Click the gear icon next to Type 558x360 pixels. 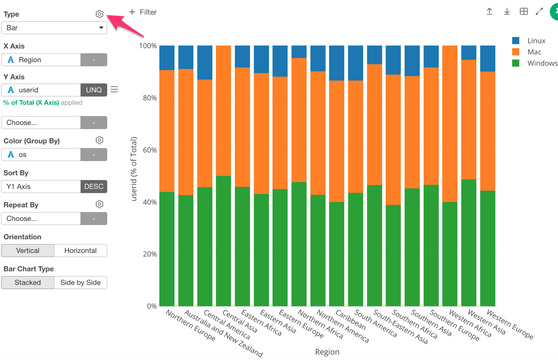99,14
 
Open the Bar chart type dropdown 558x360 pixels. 54,28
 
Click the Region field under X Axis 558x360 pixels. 41,60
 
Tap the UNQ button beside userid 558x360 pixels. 94,90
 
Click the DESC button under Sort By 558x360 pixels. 94,186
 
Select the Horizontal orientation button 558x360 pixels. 80,250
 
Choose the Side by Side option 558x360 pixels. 80,282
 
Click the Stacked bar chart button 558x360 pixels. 28,282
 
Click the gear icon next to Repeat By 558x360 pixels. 99,204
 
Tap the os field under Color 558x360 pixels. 41,154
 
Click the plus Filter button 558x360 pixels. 143,12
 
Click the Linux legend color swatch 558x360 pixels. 516,41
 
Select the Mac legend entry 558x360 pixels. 534,52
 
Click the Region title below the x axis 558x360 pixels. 327,352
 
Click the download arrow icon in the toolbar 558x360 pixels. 507,12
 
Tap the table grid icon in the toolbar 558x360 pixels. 524,12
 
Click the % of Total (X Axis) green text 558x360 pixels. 31,103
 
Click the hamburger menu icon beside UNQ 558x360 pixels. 114,89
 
